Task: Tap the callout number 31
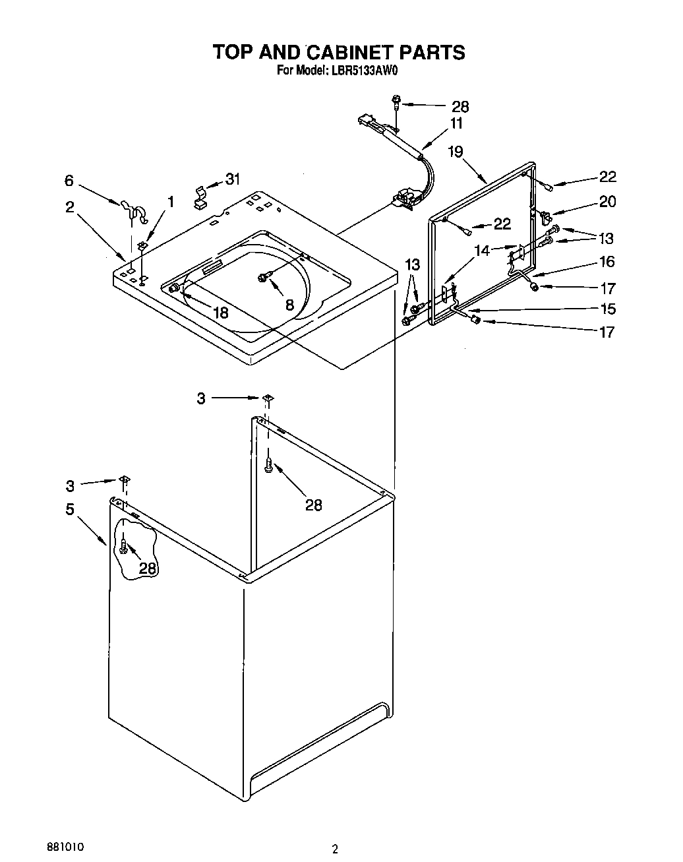[233, 179]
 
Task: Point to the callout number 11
[456, 123]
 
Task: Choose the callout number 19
[456, 152]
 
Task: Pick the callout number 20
[607, 202]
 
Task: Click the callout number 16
[607, 262]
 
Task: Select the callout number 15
[607, 309]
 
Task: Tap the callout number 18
[220, 313]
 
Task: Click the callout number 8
[289, 305]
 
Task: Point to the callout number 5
[70, 509]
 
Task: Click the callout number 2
[70, 207]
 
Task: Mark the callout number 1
[171, 202]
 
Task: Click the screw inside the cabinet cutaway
[123, 545]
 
